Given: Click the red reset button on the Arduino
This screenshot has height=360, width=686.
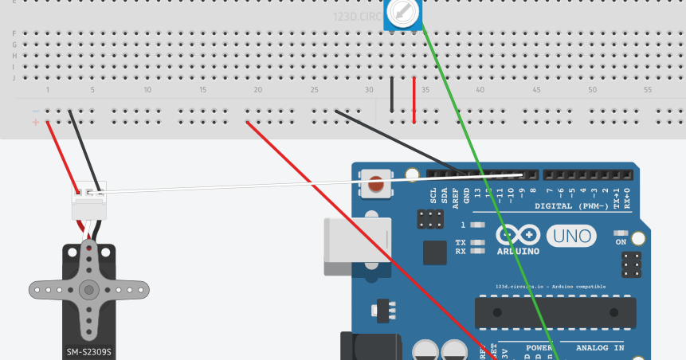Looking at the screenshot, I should coord(376,185).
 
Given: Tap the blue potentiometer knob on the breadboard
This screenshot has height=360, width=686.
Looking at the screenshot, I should coord(403,12).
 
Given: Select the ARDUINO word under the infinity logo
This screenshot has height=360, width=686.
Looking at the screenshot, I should coord(517,251).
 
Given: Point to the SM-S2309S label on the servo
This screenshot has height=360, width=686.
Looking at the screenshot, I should coord(88,351).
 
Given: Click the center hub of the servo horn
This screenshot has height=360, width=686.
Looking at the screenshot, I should coord(89,289).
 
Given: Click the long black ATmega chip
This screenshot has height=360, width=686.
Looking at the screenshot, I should coord(555,312).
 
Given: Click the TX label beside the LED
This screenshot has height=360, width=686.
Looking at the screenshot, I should coord(461,242).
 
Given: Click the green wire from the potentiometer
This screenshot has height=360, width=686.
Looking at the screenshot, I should coord(478,159).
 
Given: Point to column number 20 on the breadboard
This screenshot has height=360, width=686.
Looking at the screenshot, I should coord(258,90).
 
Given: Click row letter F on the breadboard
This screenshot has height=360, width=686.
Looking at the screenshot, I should coord(14,33).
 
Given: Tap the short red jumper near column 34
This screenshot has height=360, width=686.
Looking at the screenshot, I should coord(414,100).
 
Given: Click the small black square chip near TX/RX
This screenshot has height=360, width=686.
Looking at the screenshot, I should coord(435,252).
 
